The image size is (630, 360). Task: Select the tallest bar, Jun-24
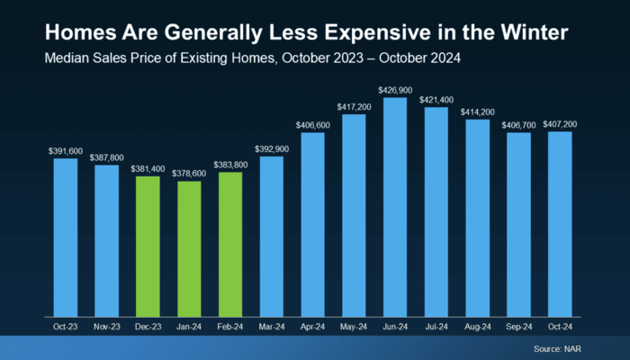(395, 206)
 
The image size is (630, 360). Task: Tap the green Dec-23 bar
(148, 245)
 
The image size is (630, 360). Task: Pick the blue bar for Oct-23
(65, 236)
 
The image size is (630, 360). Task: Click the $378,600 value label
(189, 173)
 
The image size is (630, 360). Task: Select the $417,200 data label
(354, 105)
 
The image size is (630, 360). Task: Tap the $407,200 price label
(560, 123)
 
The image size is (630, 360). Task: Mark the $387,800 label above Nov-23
(106, 157)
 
